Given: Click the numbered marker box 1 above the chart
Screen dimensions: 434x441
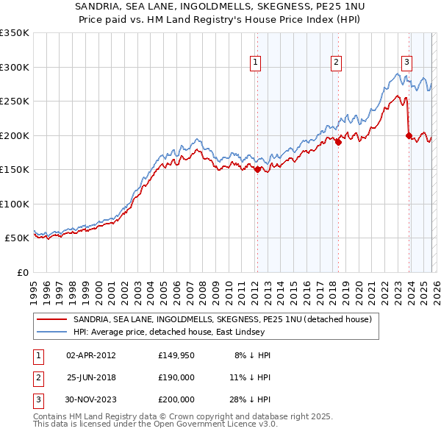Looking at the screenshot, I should (x=255, y=63).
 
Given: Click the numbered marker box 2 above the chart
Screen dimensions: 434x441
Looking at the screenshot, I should (x=336, y=63).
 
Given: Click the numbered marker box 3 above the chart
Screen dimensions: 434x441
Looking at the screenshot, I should (x=406, y=63).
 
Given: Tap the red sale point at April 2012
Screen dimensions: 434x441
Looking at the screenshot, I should (x=257, y=169).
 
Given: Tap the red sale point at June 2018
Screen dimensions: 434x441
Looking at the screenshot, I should (x=338, y=142).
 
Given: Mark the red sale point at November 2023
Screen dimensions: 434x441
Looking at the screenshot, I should (x=409, y=135).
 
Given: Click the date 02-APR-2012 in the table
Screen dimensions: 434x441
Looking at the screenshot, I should (x=91, y=355).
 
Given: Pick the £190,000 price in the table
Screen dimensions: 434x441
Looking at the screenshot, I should (x=176, y=377).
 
